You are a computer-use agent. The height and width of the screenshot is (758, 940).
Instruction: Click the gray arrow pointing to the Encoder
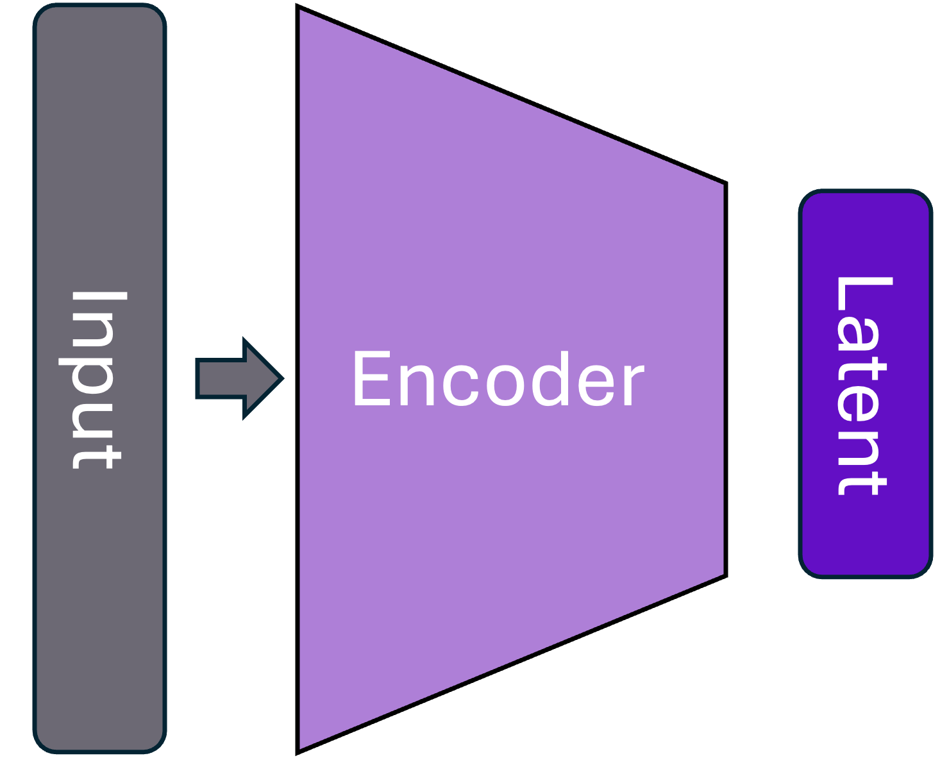[237, 378]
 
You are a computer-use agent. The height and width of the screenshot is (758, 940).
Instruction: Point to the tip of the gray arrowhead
[280, 378]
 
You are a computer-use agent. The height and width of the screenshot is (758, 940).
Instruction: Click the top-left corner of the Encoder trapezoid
[301, 12]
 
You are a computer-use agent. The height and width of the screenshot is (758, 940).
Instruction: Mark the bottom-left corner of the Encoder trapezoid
[301, 746]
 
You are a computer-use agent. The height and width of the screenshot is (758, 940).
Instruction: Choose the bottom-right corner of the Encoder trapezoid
[722, 573]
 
